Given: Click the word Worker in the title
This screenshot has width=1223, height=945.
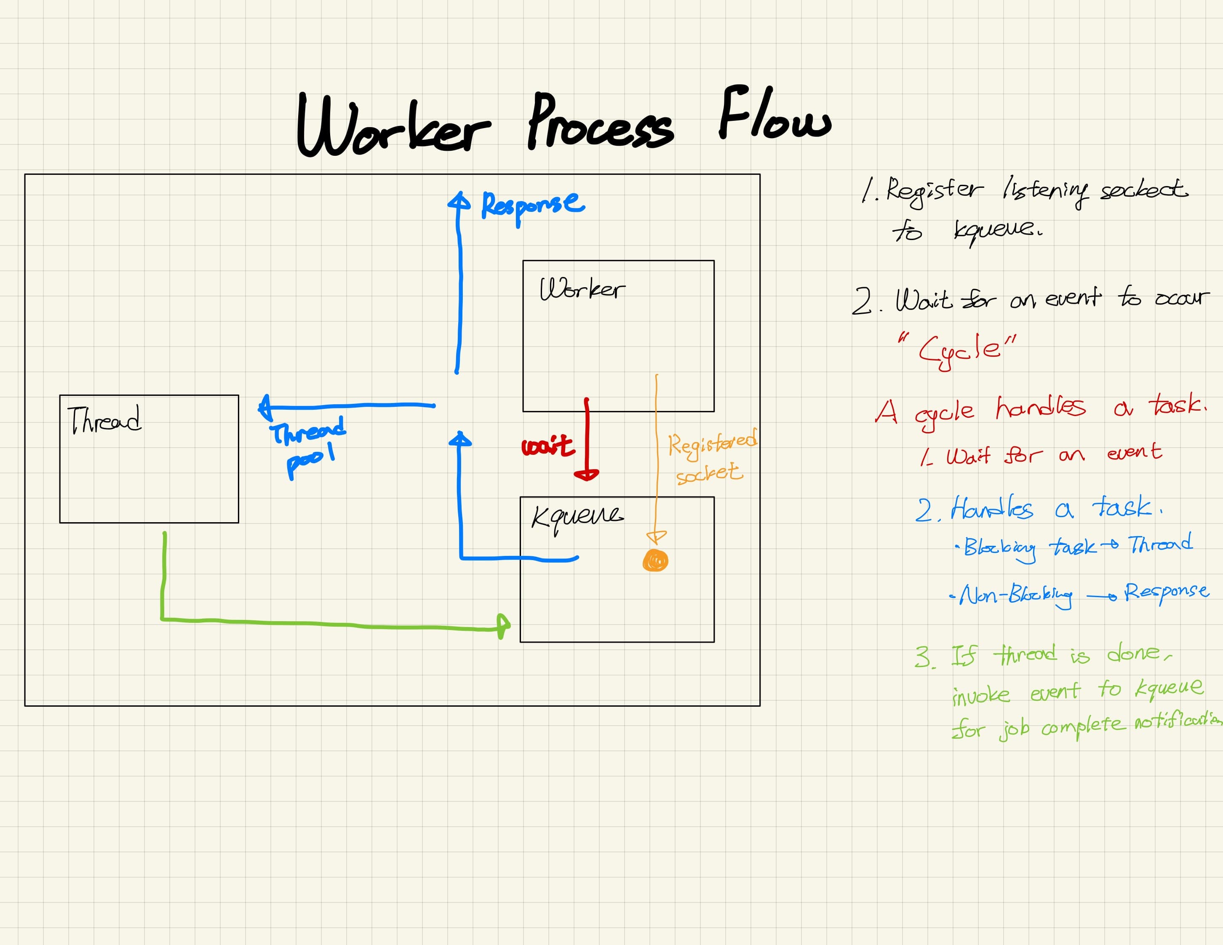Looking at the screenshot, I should click(x=392, y=126).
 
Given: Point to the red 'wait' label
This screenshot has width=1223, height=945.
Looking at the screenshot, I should click(x=547, y=446).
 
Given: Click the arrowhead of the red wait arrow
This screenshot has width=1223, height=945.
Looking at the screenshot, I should click(x=586, y=475).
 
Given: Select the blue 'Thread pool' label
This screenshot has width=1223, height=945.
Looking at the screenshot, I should click(x=309, y=445).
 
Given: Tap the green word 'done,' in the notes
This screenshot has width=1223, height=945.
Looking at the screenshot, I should click(x=1138, y=653).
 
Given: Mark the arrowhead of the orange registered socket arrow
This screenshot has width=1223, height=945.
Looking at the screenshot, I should click(x=656, y=537).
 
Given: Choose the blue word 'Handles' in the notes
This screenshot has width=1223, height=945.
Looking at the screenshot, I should click(x=991, y=508).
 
